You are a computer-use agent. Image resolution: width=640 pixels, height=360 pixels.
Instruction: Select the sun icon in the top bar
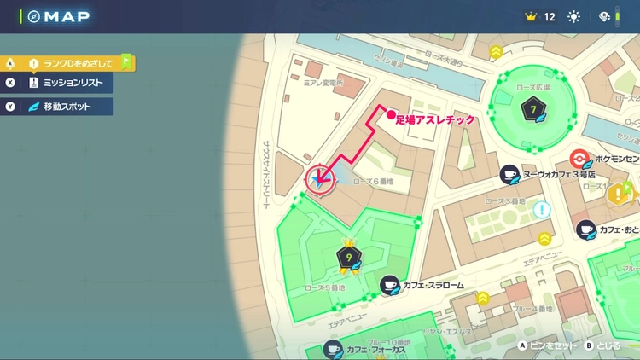573,16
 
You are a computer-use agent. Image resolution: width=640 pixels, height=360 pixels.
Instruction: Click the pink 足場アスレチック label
435,122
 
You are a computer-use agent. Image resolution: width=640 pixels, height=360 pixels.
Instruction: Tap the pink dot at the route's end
390,115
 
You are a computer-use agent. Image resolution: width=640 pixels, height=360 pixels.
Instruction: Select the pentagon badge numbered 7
533,110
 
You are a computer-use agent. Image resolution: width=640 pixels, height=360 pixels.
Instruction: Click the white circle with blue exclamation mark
541,209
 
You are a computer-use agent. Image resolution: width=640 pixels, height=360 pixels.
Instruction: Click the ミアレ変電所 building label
328,84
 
